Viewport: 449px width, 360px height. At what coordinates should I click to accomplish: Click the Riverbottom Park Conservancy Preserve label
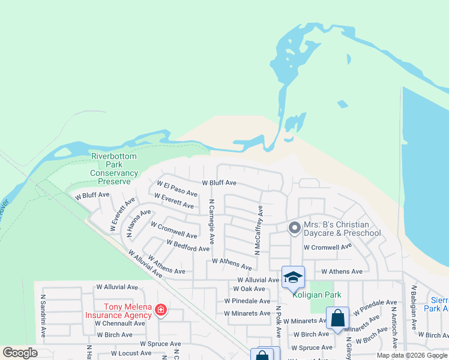coord(114,169)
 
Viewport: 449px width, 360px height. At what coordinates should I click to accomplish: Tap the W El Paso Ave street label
coord(177,188)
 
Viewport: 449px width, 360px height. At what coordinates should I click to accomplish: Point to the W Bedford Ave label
coord(188,245)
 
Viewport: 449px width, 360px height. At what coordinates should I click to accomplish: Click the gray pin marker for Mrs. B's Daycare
coord(294,228)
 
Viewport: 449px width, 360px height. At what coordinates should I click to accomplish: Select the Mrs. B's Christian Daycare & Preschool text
coord(342,229)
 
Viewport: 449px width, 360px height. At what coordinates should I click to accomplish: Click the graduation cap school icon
coord(293,277)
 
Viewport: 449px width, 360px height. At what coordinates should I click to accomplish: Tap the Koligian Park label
coord(316,295)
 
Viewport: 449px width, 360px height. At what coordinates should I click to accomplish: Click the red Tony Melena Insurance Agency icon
coord(161,310)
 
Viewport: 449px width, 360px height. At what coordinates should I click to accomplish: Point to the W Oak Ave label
coord(249,289)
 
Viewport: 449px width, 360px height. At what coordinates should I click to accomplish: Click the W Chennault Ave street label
coord(120,323)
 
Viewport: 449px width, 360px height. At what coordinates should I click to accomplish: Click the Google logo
coord(20,353)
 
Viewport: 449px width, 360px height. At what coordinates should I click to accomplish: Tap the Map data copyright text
coord(412,355)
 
